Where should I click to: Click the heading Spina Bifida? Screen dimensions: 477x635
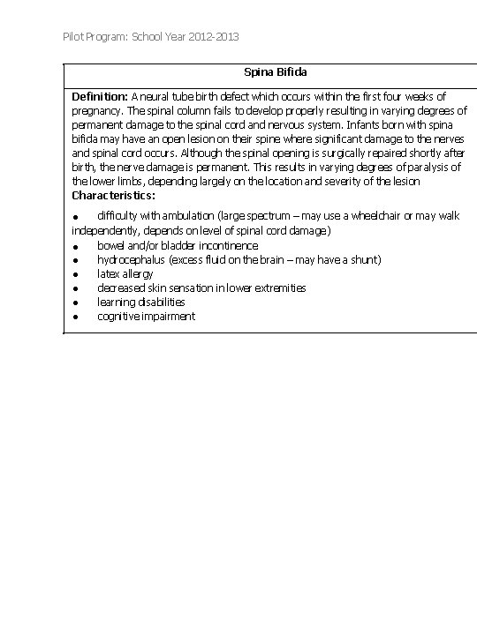tap(275, 71)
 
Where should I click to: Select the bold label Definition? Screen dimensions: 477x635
tap(100, 96)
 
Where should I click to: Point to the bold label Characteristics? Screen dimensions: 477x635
tap(113, 195)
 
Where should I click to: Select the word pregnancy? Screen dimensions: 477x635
tap(96, 110)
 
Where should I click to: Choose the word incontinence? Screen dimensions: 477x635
tap(223, 246)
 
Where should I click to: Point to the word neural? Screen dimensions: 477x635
tap(155, 96)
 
